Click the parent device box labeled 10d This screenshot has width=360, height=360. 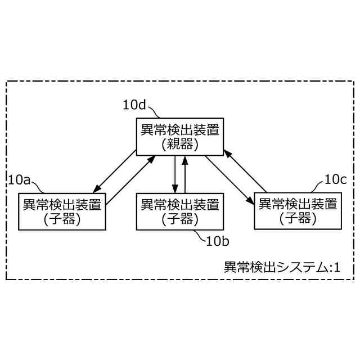click(180, 136)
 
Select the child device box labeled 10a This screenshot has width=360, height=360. click(62, 211)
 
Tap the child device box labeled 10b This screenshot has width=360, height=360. click(180, 211)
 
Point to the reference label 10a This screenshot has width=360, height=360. click(20, 179)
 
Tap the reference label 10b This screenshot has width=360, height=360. click(217, 242)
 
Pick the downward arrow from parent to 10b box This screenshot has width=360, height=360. click(175, 174)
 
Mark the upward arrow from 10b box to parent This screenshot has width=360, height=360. click(185, 174)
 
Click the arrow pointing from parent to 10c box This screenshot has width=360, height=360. click(227, 179)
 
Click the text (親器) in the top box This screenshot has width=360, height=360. click(180, 143)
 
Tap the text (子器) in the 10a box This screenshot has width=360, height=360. click(62, 219)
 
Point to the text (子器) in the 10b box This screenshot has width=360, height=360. click(180, 219)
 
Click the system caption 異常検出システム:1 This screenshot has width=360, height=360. click(282, 266)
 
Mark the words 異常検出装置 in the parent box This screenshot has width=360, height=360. click(180, 129)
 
